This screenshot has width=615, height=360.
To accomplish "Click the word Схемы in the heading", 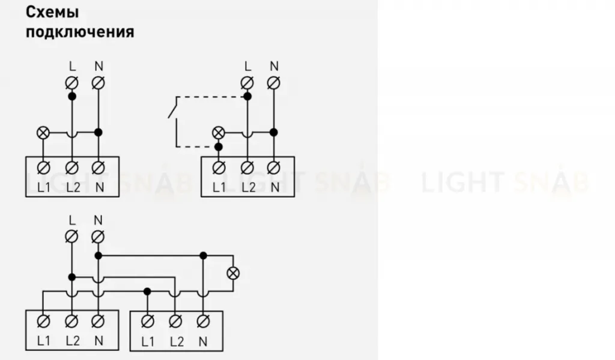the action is click(52, 12).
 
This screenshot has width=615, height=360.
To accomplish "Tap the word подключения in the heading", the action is click(80, 32).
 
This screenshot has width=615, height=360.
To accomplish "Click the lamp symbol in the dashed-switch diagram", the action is click(219, 133).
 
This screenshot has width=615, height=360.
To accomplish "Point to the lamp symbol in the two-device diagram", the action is click(234, 273).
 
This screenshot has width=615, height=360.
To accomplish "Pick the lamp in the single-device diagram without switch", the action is click(43, 133).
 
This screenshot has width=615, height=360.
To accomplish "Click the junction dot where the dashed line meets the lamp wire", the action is click(219, 147).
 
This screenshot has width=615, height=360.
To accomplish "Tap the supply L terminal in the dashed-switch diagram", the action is click(247, 83).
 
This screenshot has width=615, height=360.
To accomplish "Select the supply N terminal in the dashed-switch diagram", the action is click(274, 83).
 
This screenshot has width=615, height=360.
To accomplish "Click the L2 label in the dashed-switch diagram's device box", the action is click(248, 188).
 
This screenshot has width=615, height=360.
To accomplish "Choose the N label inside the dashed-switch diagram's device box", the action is click(275, 188).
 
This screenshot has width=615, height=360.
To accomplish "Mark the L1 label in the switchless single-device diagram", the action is click(44, 188).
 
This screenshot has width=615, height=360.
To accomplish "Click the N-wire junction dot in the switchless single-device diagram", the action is click(98, 132).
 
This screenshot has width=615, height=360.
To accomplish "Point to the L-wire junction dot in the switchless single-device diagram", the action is click(72, 96).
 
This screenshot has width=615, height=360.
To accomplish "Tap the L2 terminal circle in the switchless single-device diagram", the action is click(71, 168).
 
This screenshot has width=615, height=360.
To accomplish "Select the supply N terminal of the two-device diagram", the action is click(98, 237).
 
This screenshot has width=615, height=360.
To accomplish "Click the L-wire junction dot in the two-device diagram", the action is click(72, 277).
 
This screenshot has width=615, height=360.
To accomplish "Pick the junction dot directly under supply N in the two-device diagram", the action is click(98, 255).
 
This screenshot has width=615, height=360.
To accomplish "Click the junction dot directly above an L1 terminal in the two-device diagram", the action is click(147, 291).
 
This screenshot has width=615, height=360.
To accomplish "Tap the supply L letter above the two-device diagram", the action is click(72, 220).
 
